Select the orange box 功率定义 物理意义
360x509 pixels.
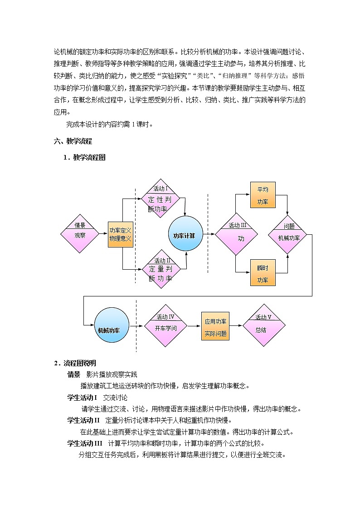click(x=120, y=234)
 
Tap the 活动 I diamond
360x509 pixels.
click(x=161, y=198)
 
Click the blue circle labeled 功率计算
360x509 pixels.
click(x=185, y=235)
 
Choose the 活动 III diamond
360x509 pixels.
click(x=236, y=234)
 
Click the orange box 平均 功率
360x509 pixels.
click(x=263, y=195)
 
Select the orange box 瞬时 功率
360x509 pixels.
click(x=263, y=273)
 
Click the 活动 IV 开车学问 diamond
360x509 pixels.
click(x=165, y=325)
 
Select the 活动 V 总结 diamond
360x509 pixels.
click(x=263, y=325)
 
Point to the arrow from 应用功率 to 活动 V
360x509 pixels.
click(x=236, y=325)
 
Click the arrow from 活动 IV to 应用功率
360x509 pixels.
click(x=194, y=325)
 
